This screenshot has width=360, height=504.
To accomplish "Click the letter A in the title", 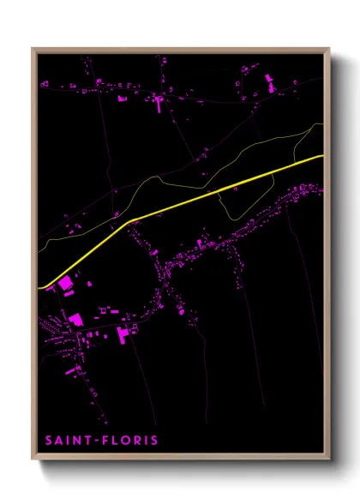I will (x=59, y=441).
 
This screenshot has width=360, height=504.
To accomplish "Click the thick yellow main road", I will (x=214, y=191).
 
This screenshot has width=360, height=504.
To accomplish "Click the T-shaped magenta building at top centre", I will (x=158, y=103).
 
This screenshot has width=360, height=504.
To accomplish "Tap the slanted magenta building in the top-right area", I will (x=267, y=84).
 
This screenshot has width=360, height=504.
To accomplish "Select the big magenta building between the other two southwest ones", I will (x=75, y=319).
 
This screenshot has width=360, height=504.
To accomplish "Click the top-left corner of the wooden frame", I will (x=33, y=49).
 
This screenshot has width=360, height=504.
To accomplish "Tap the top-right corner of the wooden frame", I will (x=329, y=49).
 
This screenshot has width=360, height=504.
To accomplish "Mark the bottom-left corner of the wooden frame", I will (x=33, y=459).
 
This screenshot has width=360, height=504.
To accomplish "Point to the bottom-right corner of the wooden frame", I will (x=329, y=459).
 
